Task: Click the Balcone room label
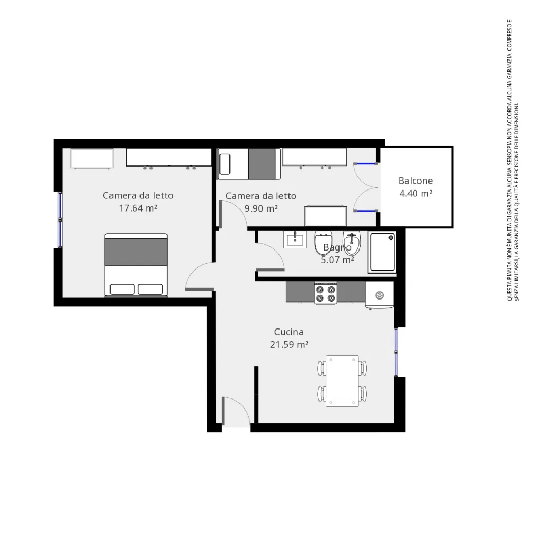point(415,181)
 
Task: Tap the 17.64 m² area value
point(138,208)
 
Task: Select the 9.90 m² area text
point(261,208)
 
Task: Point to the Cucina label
point(288,332)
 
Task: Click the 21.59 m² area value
point(288,345)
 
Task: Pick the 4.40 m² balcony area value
point(415,193)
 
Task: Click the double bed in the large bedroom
point(136,265)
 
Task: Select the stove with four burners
point(325,293)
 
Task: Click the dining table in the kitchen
point(342,381)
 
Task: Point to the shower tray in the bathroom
point(382,252)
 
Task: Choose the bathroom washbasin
point(295,239)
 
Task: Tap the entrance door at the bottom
point(235,412)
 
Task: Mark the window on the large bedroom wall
point(60,219)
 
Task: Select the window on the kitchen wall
point(396,352)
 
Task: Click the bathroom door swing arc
point(273,254)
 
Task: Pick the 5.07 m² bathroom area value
point(337,259)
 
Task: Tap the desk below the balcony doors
point(325,216)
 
